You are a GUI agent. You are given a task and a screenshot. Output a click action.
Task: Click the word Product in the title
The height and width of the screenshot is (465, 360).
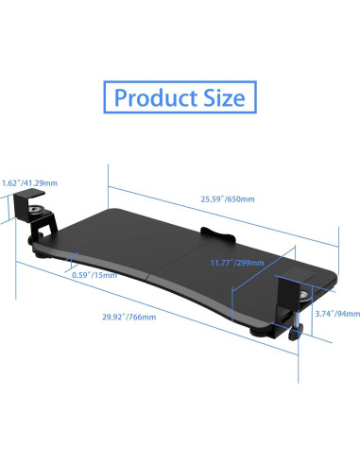pos(156,97)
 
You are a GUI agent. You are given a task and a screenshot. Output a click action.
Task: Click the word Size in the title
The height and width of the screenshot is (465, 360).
pos(224,97)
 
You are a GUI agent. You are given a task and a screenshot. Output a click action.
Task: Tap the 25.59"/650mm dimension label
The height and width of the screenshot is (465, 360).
pos(228,199)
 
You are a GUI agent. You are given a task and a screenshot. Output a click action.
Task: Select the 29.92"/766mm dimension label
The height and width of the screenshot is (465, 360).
pos(129,317)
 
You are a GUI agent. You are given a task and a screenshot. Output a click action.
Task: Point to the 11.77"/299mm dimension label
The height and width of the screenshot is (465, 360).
pos(237,263)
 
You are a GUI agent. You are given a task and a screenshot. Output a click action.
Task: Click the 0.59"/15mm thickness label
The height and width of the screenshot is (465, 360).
pos(94,275)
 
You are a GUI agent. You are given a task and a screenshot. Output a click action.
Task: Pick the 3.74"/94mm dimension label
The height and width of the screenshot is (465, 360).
pos(337,314)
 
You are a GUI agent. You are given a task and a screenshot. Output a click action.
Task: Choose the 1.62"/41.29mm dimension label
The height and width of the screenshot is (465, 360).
pos(29,183)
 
